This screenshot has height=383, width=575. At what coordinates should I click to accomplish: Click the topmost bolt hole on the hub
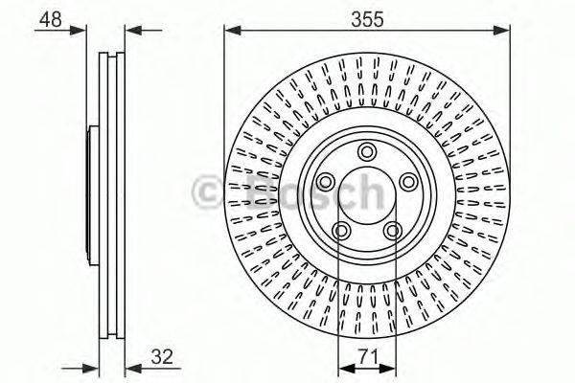click(x=366, y=150)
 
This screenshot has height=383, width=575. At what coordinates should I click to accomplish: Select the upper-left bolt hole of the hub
click(x=324, y=182)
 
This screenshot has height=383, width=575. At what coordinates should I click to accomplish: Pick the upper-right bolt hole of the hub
click(x=408, y=182)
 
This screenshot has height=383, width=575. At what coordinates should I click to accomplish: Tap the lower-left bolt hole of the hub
click(x=340, y=230)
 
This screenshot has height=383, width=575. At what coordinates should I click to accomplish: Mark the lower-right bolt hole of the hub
click(x=392, y=230)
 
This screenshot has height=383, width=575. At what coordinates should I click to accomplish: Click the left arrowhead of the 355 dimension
click(x=231, y=31)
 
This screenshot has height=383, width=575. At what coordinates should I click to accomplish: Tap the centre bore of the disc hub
click(x=366, y=195)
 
